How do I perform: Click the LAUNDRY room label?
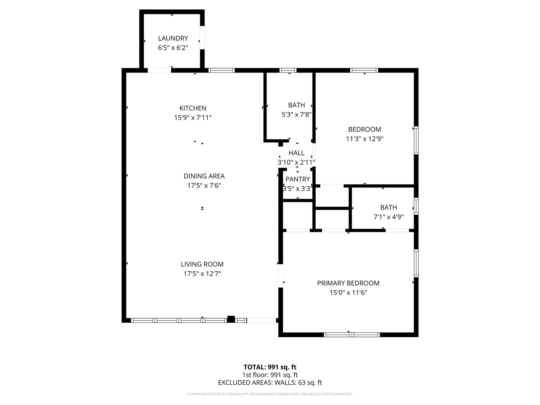[173, 38]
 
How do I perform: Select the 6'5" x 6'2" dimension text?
[173, 48]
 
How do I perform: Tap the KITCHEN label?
[193, 108]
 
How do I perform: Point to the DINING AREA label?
[204, 176]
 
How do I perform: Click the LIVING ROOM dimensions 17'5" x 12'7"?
[202, 274]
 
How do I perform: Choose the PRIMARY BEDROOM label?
[348, 283]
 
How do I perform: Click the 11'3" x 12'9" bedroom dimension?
[365, 139]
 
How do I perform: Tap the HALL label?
[296, 153]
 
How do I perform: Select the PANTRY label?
[297, 179]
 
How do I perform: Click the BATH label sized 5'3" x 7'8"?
[296, 105]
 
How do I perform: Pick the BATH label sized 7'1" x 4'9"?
[388, 208]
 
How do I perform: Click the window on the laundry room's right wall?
[202, 37]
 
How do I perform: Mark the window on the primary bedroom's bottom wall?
[352, 335]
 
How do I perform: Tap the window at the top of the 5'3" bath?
[288, 70]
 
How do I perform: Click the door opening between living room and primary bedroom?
[281, 276]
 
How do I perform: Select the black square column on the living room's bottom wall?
[231, 319]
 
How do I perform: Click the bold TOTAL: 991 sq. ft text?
[270, 367]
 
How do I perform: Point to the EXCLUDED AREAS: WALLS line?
[270, 383]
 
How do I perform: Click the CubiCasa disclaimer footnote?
[270, 394]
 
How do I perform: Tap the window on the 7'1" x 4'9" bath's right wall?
[416, 206]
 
